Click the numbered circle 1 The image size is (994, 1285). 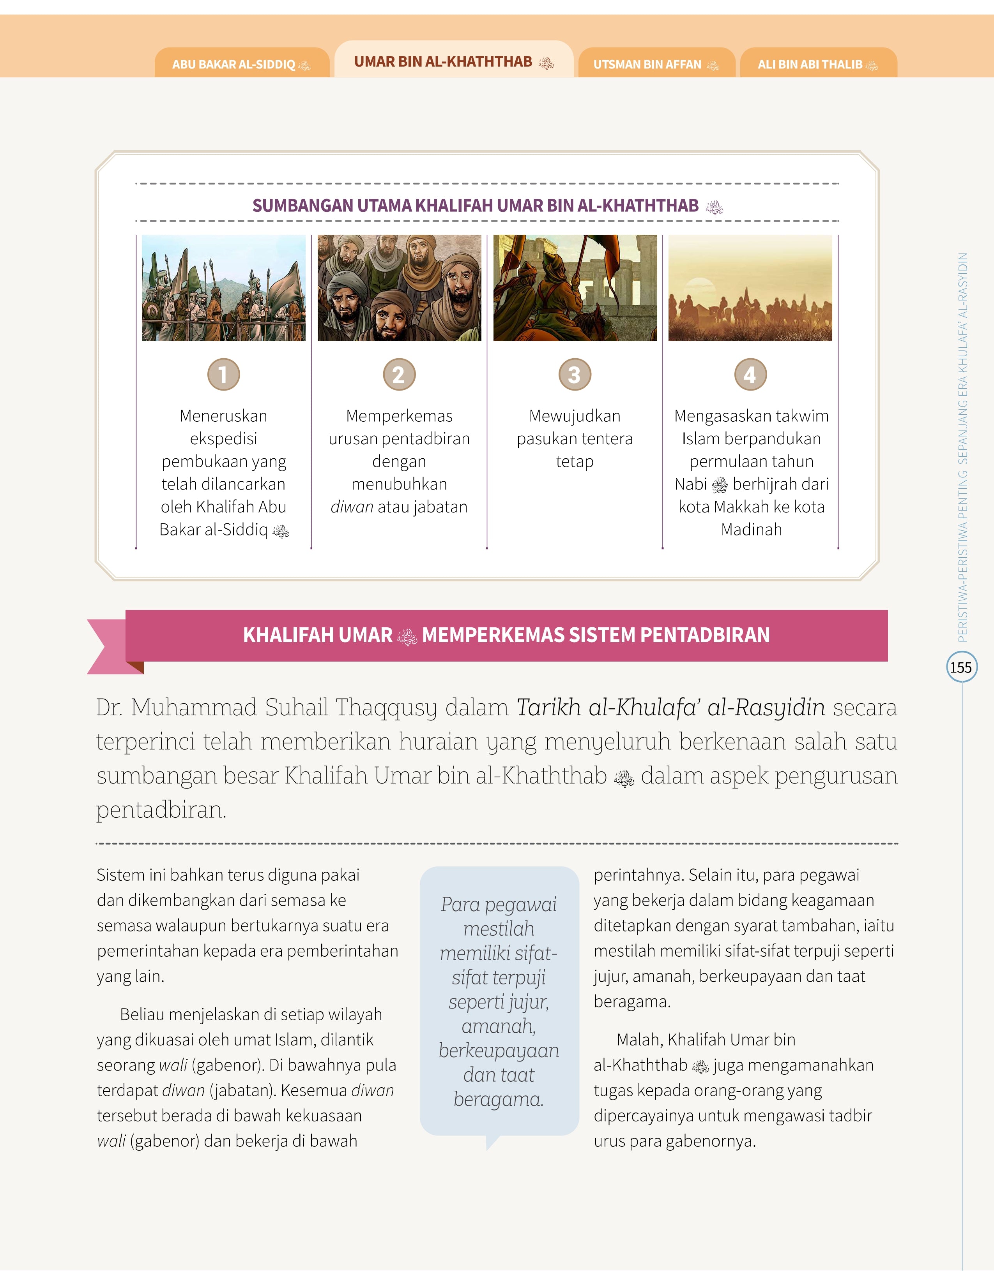point(224,374)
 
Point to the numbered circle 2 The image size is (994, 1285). point(399,374)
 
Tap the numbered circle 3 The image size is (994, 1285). point(575,374)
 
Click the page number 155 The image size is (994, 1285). point(961,667)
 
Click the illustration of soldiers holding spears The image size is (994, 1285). point(224,288)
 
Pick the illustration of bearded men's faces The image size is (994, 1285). point(399,288)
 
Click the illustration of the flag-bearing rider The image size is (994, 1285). point(575,288)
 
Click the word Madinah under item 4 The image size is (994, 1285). point(752,530)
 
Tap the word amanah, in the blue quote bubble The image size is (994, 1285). point(498,1026)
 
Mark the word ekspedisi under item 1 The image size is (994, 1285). point(224,439)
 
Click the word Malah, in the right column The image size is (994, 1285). point(640,1040)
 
